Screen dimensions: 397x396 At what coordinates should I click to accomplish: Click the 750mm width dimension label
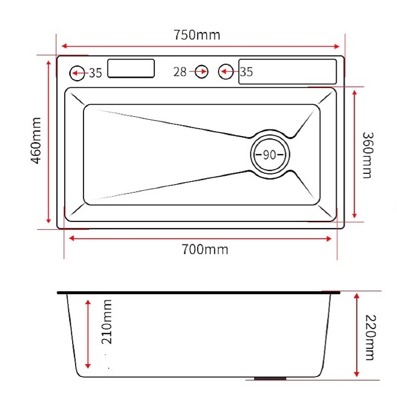(197, 35)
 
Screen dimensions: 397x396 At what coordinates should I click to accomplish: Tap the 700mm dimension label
(205, 249)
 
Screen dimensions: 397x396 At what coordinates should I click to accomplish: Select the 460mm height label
(36, 141)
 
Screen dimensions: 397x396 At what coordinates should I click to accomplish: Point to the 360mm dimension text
(368, 155)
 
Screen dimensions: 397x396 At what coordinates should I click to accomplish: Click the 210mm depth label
(106, 321)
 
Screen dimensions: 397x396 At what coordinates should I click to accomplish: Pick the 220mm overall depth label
(371, 338)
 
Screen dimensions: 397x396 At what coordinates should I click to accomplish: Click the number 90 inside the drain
(270, 155)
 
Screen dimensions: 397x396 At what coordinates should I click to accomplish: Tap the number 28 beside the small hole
(180, 72)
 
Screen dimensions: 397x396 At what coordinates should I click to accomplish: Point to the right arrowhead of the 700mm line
(329, 239)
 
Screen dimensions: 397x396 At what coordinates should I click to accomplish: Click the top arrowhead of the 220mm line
(357, 296)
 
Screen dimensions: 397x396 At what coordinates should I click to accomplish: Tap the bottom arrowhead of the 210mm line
(88, 365)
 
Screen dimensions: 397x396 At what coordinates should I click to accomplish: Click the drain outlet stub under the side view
(270, 379)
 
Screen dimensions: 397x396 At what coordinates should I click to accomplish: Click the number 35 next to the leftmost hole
(95, 73)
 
